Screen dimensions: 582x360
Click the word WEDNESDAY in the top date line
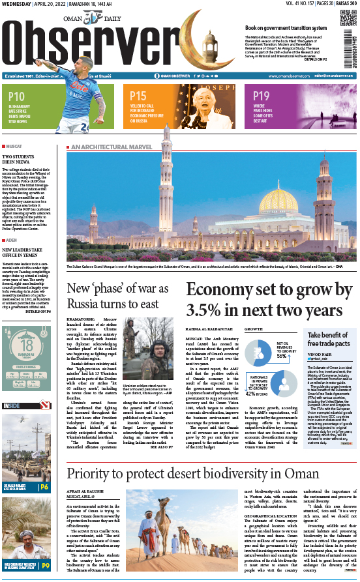coord(18,5)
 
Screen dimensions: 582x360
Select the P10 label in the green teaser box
coord(18,96)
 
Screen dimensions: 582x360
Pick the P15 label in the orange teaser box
coord(138,96)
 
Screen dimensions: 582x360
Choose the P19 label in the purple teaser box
coord(262,96)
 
